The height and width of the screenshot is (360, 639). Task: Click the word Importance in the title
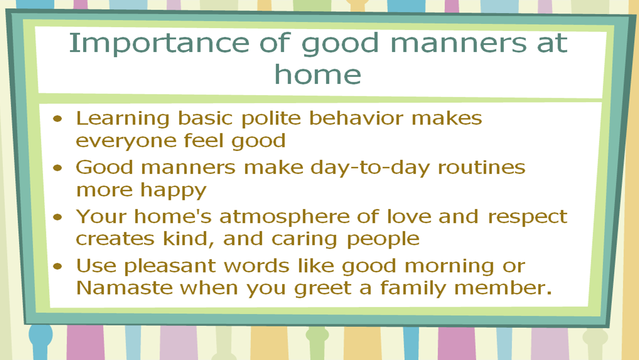pos(159,43)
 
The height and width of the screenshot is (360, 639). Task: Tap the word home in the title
pos(318,75)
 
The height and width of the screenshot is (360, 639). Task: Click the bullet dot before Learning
pos(57,118)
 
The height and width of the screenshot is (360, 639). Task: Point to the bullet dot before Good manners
pos(57,168)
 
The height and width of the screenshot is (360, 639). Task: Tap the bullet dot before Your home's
pos(57,217)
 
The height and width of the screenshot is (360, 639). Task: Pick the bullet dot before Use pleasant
pos(57,266)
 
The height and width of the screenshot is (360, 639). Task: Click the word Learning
pos(123,119)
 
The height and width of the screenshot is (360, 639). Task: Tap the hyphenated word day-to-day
pos(370,168)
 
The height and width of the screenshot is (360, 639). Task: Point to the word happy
pos(173,191)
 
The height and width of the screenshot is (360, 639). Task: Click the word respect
pos(528,217)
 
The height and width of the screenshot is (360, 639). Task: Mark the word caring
pos(304,240)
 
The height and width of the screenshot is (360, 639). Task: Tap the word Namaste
pos(124,288)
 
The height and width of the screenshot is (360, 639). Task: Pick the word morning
pos(449,267)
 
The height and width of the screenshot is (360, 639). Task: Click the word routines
pos(481,168)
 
